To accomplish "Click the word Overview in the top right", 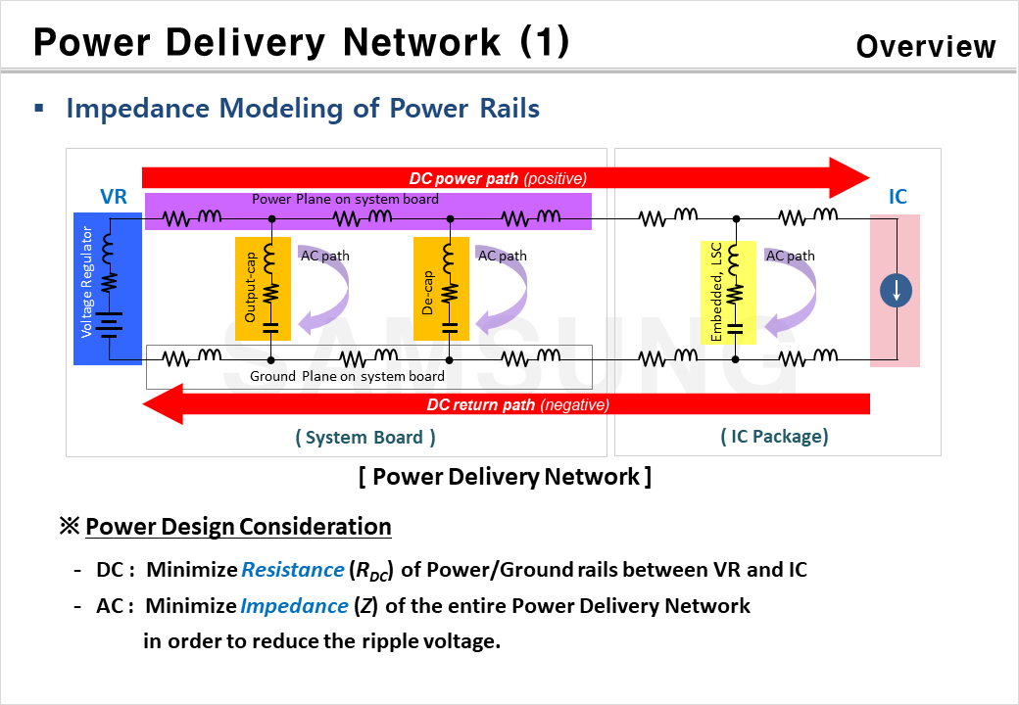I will click(x=925, y=46).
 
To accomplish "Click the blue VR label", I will click(x=114, y=197).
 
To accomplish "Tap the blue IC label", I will click(x=898, y=197).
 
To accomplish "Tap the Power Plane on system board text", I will click(x=345, y=199).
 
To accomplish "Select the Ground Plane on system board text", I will click(x=347, y=376).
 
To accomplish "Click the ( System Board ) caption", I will click(x=365, y=438).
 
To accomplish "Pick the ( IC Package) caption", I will click(x=774, y=437).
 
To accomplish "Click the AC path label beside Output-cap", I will click(x=324, y=256).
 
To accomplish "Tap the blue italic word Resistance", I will click(x=292, y=570).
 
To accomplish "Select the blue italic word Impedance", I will click(x=294, y=606).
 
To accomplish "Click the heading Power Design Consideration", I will click(x=238, y=527).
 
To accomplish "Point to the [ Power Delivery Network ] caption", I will click(x=505, y=477).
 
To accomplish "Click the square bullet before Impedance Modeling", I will click(x=39, y=107).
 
